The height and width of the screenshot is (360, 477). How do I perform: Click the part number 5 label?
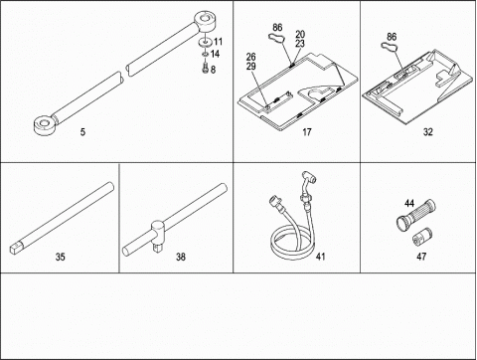82,132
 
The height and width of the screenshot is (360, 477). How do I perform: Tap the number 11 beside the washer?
218,42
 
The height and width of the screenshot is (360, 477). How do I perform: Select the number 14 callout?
215,54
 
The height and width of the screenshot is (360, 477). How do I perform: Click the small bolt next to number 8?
205,68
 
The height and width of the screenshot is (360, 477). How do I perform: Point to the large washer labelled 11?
205,43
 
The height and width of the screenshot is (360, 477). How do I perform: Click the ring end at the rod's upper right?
205,22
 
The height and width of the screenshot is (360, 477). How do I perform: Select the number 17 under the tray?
307,132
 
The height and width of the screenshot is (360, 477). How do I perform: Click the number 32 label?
428,132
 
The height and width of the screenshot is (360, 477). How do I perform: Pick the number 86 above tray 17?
277,27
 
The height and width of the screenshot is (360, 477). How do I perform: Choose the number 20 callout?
300,34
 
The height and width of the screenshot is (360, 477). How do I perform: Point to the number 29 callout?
251,66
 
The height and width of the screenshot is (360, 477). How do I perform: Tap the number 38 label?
181,257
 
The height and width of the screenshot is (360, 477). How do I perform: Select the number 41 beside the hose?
320,257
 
